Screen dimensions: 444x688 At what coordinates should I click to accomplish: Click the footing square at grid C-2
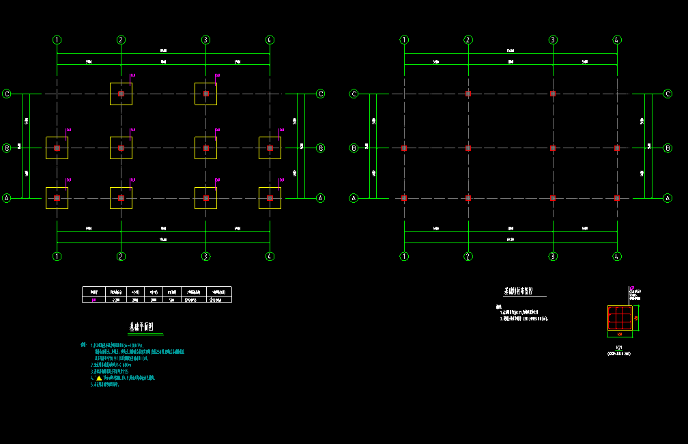click(x=121, y=94)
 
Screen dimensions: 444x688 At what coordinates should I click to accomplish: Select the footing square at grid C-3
click(x=205, y=94)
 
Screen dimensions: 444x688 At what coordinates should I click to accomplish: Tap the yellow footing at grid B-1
click(x=57, y=148)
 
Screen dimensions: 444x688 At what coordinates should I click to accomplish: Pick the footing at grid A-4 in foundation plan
click(x=270, y=198)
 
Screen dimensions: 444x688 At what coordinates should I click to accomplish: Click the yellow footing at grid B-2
click(x=121, y=148)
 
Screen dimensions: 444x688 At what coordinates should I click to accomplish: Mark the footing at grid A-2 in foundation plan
click(x=121, y=198)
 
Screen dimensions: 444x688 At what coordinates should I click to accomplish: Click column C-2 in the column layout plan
click(x=468, y=94)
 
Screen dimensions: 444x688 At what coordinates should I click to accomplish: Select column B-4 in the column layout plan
click(x=616, y=148)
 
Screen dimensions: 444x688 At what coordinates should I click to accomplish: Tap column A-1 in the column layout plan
click(x=404, y=198)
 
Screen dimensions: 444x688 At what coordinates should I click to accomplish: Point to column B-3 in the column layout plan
click(x=552, y=148)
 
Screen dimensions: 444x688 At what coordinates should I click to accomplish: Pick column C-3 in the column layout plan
click(x=552, y=94)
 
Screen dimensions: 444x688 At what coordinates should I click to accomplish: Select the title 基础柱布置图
click(x=524, y=291)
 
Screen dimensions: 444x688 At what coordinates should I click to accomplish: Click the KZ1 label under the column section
click(x=620, y=348)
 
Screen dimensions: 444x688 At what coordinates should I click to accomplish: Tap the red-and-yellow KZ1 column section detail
click(x=620, y=318)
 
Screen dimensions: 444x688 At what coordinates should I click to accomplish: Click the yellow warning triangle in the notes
click(x=99, y=378)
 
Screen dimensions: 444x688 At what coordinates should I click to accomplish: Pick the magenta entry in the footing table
click(x=94, y=299)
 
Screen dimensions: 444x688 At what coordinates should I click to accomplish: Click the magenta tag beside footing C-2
click(x=132, y=75)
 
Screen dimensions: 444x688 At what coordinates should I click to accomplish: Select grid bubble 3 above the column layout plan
click(x=552, y=40)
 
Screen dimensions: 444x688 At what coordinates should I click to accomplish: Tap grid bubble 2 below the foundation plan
click(x=121, y=256)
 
